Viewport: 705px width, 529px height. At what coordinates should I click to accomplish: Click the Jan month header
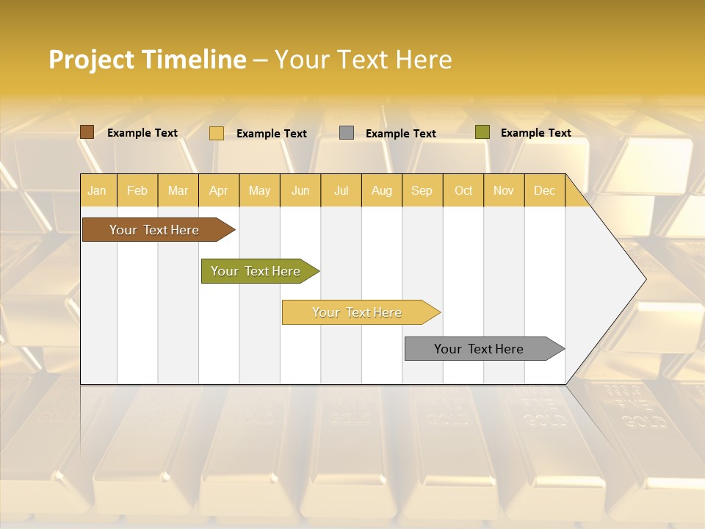click(98, 190)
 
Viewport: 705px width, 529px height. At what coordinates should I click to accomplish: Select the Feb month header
click(137, 190)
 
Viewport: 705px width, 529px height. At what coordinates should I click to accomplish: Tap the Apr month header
click(219, 190)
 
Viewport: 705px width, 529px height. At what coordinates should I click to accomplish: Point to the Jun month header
click(300, 190)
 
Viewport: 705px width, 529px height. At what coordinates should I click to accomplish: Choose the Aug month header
click(382, 190)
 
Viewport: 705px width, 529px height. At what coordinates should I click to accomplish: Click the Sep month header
click(422, 190)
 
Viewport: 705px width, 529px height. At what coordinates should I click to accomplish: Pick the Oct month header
click(463, 190)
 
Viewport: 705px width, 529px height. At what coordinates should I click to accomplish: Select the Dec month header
click(545, 190)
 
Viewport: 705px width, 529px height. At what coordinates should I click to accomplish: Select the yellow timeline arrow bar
click(358, 312)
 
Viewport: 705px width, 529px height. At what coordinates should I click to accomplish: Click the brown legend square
click(87, 132)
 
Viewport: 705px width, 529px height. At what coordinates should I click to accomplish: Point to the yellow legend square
click(217, 133)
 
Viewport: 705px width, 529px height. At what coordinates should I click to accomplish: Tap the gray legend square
click(347, 133)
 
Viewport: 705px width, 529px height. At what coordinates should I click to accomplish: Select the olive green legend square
click(482, 132)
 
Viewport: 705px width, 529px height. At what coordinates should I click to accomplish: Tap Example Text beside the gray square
click(401, 134)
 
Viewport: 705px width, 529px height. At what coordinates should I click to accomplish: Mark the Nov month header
click(504, 190)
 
